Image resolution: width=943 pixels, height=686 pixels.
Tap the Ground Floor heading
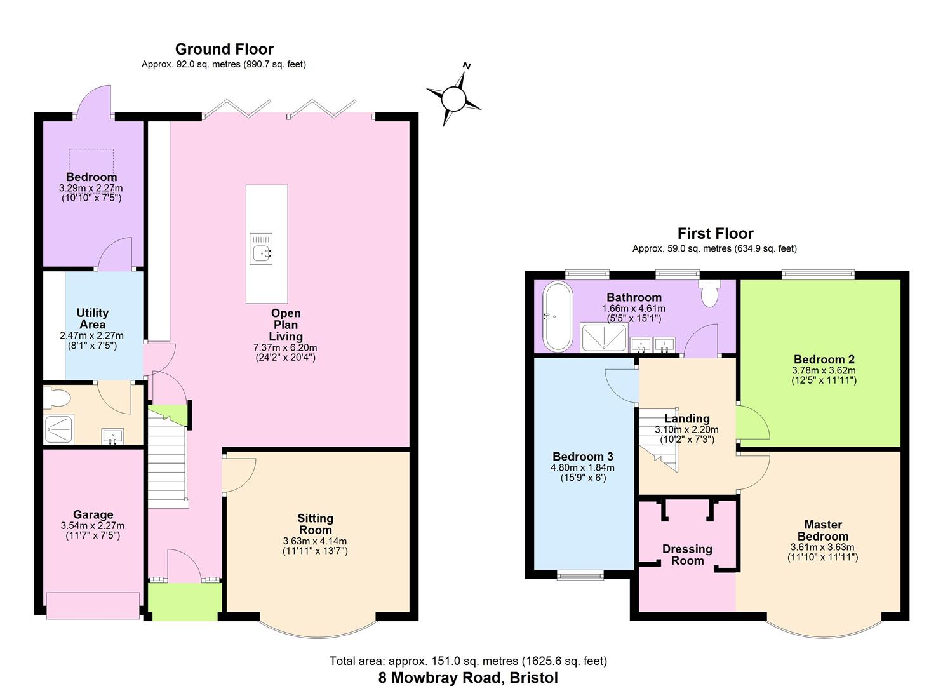click(x=224, y=49)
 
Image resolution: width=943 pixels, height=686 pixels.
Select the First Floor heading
click(x=715, y=234)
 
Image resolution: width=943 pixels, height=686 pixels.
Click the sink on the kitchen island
click(x=261, y=248)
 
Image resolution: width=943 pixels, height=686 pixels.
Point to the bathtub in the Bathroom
click(x=557, y=316)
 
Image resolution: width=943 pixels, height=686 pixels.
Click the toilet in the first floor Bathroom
click(x=709, y=294)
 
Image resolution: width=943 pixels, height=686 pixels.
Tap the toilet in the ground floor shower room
click(x=57, y=398)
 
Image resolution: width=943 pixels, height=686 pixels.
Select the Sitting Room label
click(x=315, y=524)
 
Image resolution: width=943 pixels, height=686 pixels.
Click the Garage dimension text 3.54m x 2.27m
click(x=93, y=526)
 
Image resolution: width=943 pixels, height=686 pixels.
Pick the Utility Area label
click(x=93, y=318)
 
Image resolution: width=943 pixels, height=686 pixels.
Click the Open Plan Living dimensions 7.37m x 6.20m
click(x=285, y=347)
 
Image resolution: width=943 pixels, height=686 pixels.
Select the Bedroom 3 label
click(x=583, y=457)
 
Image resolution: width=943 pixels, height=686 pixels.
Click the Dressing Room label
click(x=687, y=555)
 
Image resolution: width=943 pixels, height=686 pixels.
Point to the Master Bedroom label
click(x=822, y=530)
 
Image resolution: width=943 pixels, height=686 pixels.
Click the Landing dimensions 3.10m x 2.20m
click(x=686, y=430)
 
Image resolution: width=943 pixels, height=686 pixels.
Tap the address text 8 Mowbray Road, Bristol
click(x=468, y=678)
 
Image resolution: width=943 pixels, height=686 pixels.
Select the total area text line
click(x=468, y=661)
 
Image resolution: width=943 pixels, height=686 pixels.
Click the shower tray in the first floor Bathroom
click(x=603, y=337)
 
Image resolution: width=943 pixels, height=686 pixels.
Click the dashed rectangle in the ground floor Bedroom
click(x=91, y=160)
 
